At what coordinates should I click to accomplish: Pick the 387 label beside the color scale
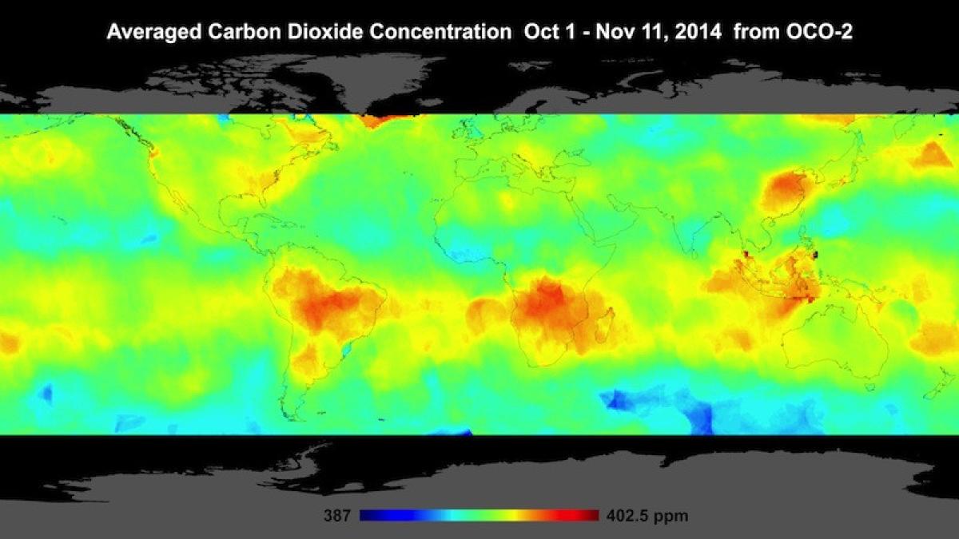coord(336,516)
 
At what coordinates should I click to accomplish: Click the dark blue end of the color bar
coord(368,516)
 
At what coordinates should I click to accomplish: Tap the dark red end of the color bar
coord(591,516)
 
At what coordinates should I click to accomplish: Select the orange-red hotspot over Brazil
coord(328,303)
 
